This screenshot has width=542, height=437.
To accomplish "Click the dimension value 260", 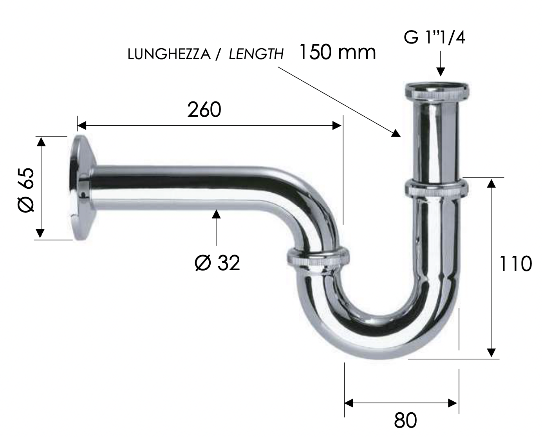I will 204,110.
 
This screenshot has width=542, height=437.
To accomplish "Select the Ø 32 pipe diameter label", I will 217,263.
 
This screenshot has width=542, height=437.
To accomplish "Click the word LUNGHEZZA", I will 169,54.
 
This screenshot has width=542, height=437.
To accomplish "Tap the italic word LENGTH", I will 256,54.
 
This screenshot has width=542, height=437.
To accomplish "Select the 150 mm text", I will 337,52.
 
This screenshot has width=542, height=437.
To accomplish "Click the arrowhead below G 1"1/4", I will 441,72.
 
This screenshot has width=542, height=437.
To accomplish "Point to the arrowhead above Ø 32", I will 216,214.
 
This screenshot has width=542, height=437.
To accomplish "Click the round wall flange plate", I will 81,188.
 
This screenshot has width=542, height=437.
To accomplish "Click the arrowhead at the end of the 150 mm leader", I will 396,134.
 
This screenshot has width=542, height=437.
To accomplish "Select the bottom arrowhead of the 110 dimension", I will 491,352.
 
